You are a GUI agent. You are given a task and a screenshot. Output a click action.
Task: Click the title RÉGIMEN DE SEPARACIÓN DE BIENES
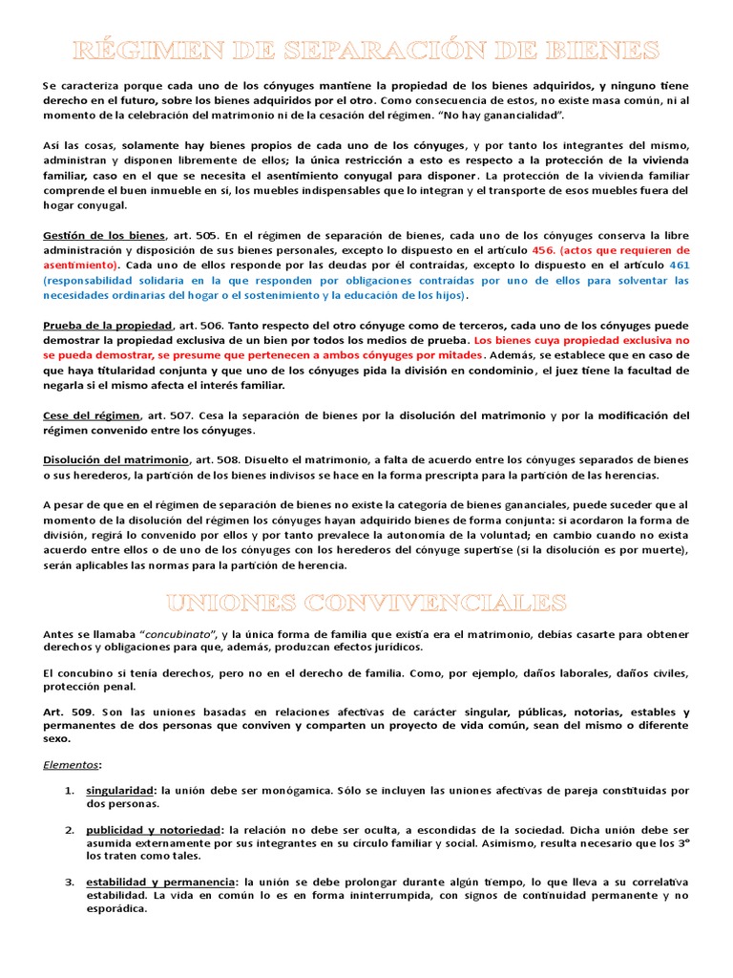[366, 49]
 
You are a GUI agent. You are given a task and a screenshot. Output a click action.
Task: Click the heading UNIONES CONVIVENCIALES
[366, 602]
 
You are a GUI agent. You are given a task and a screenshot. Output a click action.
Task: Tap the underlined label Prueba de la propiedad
[107, 326]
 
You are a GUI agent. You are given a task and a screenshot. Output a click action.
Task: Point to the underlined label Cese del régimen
[91, 415]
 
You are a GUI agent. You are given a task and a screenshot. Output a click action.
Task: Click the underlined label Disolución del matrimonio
[115, 460]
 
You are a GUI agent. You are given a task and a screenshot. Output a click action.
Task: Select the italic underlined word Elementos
[71, 764]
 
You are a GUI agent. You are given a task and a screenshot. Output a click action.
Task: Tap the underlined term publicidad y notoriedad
[154, 830]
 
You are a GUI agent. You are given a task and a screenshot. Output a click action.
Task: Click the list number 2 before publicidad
[70, 830]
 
